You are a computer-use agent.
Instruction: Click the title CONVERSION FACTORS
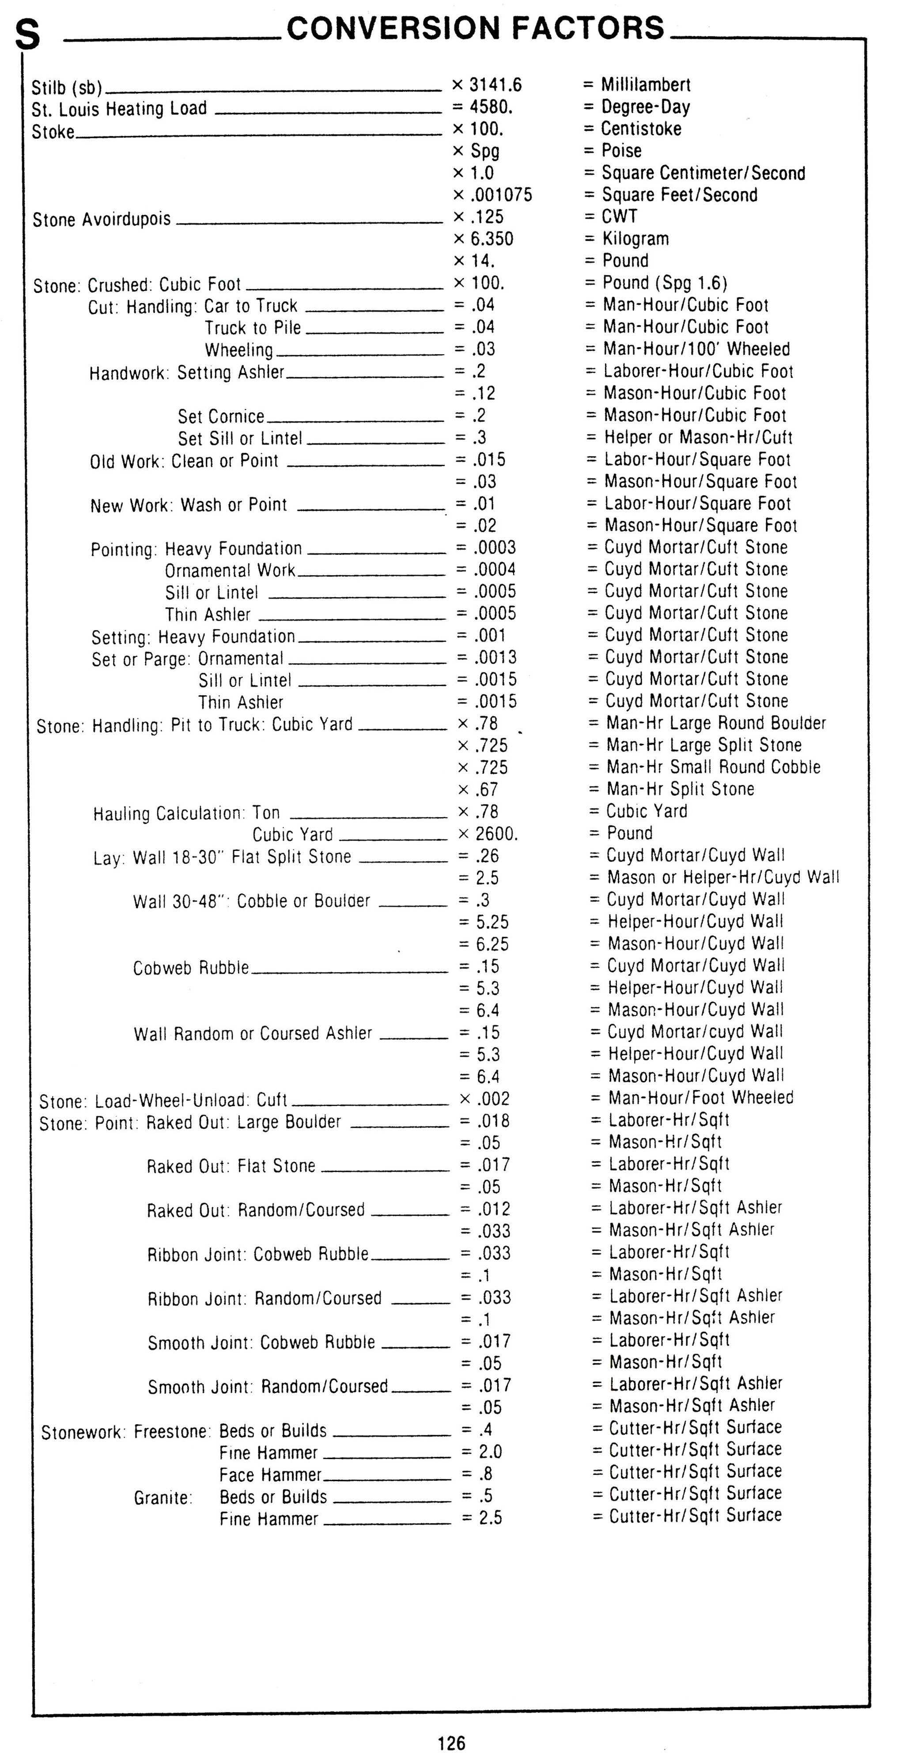tap(476, 28)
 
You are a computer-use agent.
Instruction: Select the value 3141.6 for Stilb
tap(495, 85)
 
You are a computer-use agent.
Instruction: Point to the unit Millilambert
tap(645, 85)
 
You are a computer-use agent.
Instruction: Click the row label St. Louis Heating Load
tap(119, 109)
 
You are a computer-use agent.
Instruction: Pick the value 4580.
tap(492, 107)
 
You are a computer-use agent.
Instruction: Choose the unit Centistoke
tap(641, 129)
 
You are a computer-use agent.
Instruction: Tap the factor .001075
tap(501, 195)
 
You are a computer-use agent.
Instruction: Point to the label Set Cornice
tap(221, 416)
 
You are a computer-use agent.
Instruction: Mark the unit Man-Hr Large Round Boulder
tap(716, 724)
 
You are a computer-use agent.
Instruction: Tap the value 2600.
tap(497, 834)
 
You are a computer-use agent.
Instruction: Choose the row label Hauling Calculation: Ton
tap(187, 813)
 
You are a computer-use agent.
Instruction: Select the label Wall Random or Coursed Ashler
tap(253, 1033)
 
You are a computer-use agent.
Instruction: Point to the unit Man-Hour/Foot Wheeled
tap(701, 1098)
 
